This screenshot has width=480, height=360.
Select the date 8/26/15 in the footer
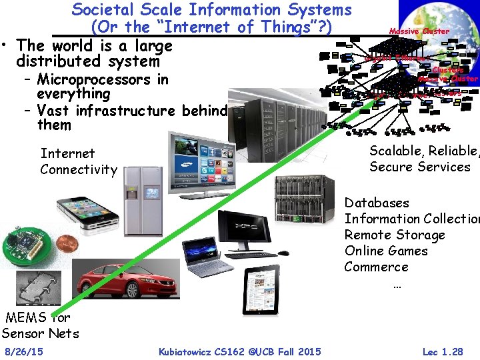pos(24,351)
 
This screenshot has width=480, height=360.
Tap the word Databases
pos(377,203)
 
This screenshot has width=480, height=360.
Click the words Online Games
pos(386,251)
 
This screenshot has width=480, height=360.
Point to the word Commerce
pos(376,267)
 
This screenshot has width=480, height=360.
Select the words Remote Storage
pos(394,235)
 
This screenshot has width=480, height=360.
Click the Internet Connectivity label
pos(78,161)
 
